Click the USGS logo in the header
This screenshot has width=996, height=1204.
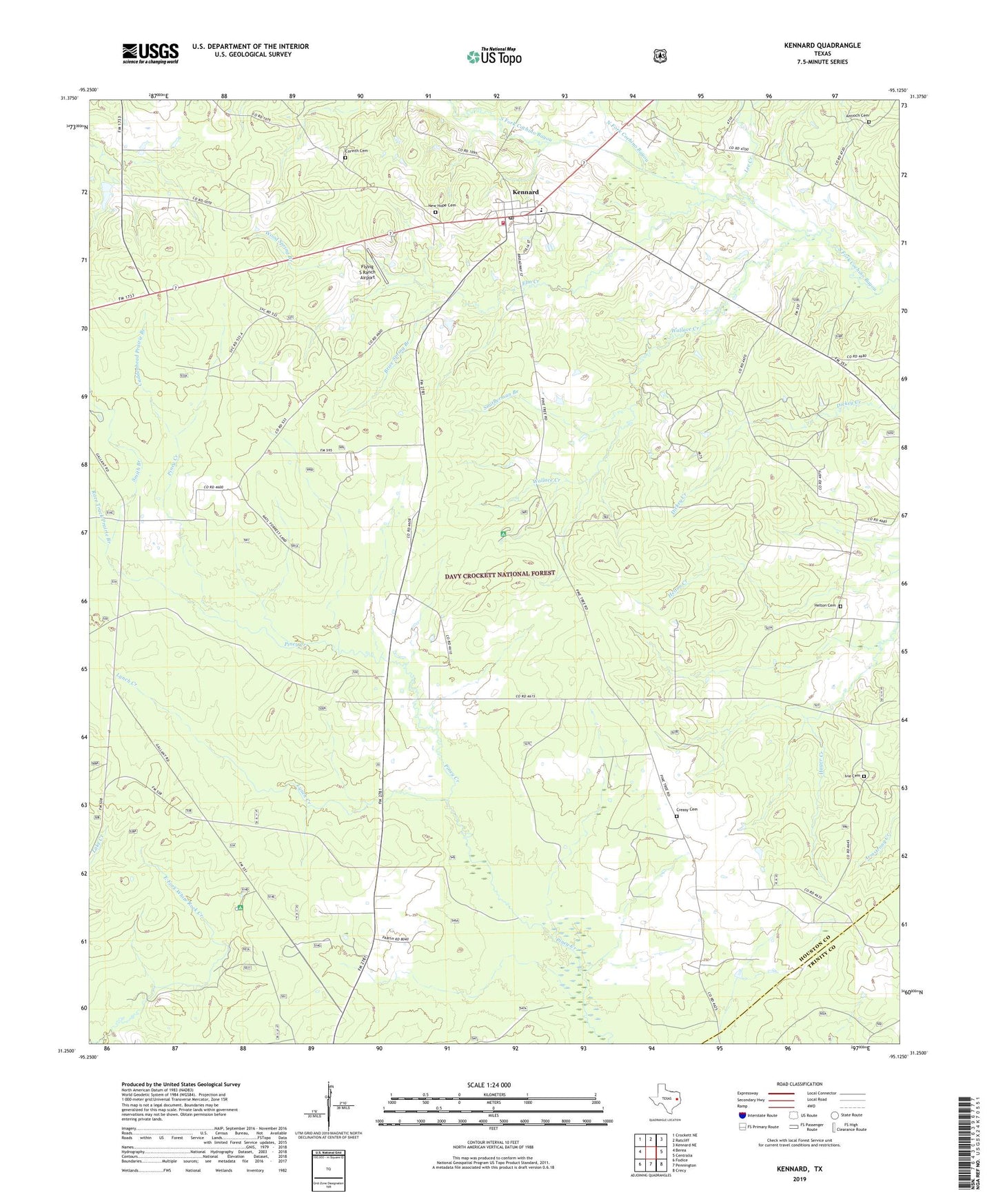coord(150,53)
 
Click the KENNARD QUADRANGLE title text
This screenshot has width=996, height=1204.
coord(822,46)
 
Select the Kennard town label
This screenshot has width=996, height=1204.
coord(525,192)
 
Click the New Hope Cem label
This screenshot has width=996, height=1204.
coord(442,205)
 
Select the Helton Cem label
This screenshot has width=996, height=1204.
coord(824,605)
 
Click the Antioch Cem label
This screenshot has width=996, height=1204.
coord(852,116)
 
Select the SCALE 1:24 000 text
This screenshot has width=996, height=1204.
coord(489,1085)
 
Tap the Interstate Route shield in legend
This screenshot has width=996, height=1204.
coord(742,1115)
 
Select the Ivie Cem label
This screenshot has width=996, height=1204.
coord(853,775)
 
